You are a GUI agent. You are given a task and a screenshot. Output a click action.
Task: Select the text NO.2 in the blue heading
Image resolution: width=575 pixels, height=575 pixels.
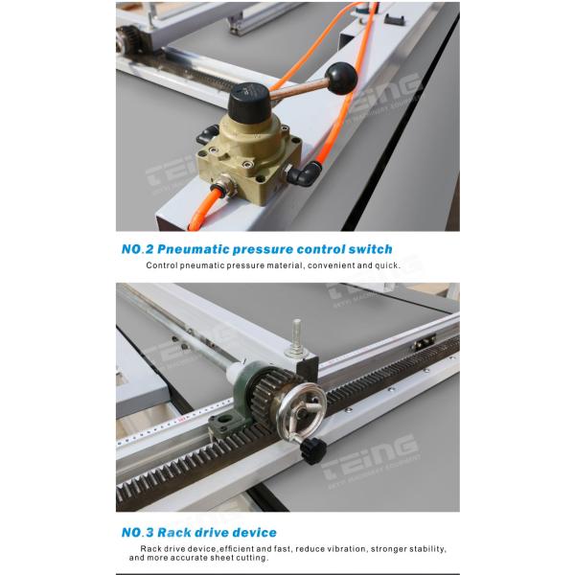click(137, 249)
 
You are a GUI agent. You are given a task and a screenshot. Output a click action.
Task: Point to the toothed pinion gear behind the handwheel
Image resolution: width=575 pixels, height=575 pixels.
click(266, 394)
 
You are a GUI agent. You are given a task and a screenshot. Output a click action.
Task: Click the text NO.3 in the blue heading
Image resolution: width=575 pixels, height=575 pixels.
click(137, 532)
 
